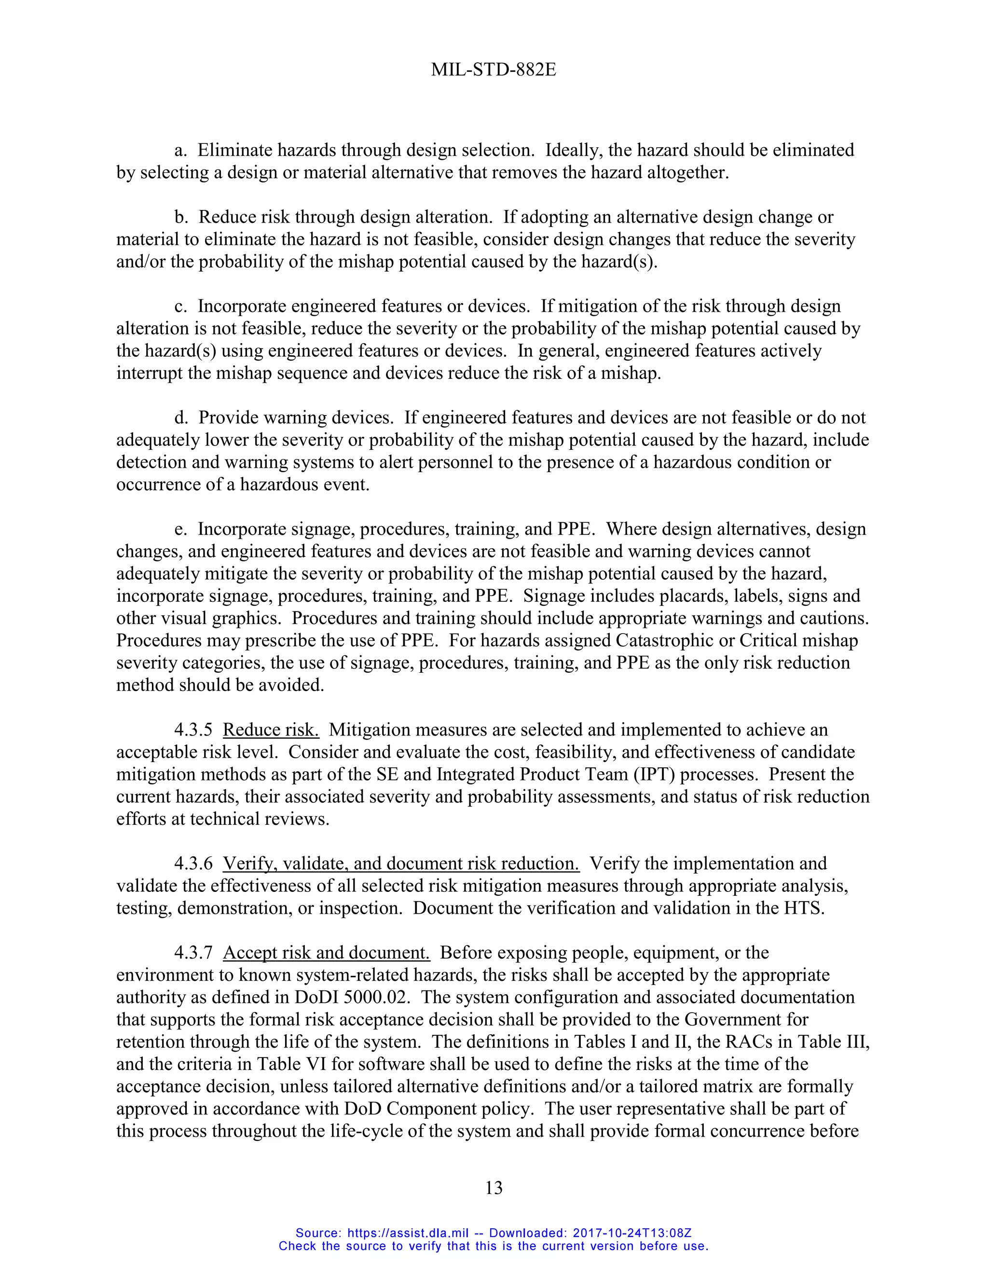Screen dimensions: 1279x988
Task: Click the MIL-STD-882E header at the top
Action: coord(494,70)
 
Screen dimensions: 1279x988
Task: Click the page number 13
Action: coord(494,1187)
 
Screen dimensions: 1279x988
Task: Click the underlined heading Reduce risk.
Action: coord(271,730)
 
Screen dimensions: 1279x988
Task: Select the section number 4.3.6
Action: coord(193,864)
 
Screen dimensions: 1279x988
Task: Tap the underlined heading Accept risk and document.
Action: coord(326,953)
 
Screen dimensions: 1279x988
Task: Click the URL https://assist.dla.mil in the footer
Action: coord(408,1233)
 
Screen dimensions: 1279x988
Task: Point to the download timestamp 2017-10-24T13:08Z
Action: coord(632,1233)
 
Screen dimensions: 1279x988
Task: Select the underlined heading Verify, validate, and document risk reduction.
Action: coord(401,864)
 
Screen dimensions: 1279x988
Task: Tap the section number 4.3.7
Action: coord(193,953)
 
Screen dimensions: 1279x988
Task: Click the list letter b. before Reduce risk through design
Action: coord(181,217)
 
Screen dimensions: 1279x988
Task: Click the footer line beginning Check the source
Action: coord(494,1246)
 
